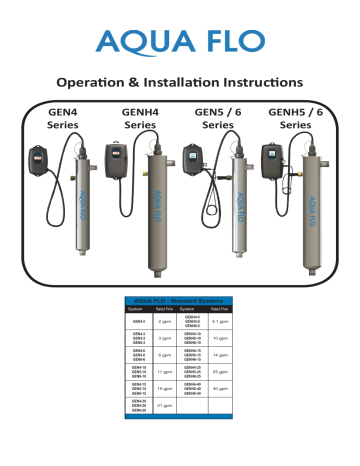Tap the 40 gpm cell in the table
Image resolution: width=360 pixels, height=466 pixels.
point(225,415)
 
